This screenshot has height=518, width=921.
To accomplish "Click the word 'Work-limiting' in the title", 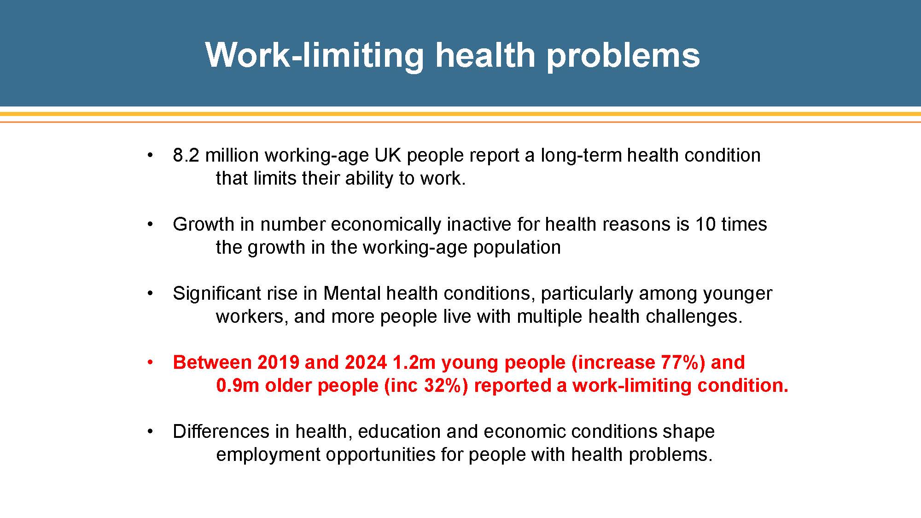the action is [x=315, y=55].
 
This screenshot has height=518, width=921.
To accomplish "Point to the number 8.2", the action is [x=186, y=155].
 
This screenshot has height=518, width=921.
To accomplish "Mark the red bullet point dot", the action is [x=150, y=363].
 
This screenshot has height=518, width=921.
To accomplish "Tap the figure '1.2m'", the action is [x=414, y=362].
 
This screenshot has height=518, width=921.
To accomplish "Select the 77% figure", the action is [x=682, y=363].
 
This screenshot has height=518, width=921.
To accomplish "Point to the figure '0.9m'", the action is [x=238, y=385].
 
